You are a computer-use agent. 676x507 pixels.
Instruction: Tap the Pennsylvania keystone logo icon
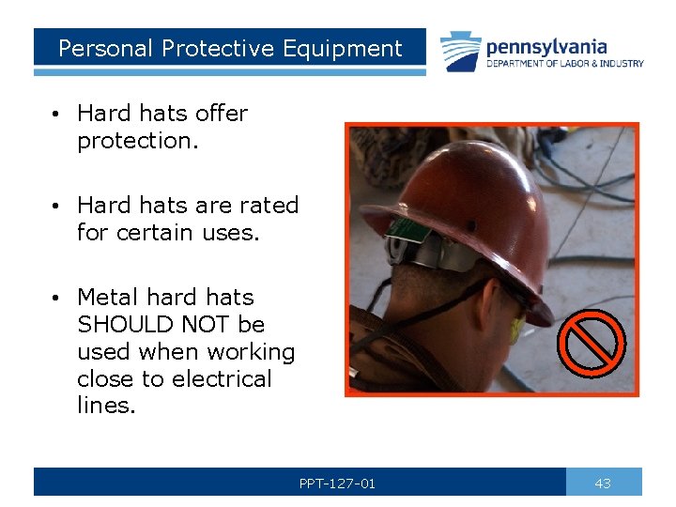point(461,52)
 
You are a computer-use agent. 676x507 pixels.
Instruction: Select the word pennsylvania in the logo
point(546,46)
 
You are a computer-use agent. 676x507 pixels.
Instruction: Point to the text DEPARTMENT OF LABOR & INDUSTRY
point(564,64)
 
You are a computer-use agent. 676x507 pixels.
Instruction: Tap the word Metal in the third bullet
point(107,298)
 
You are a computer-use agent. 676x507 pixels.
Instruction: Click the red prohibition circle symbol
point(591,342)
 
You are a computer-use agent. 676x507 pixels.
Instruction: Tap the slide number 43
point(603,484)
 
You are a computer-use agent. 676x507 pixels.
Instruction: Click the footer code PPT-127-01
point(337,484)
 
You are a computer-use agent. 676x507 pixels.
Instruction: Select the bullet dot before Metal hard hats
point(58,299)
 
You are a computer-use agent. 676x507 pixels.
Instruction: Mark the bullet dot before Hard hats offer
point(58,115)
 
